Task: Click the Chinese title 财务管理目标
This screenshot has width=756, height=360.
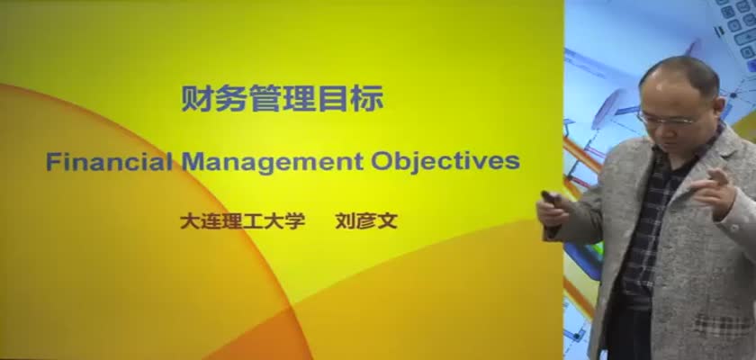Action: click(282, 99)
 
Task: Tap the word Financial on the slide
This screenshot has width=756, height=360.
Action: click(110, 161)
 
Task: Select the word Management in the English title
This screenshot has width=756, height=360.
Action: click(272, 162)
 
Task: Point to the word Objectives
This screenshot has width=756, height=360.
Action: click(445, 162)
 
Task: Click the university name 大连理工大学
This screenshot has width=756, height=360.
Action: click(242, 221)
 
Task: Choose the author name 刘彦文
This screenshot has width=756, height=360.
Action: click(366, 221)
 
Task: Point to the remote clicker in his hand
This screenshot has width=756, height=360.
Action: click(549, 197)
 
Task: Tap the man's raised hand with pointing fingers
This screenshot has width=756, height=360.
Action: click(714, 193)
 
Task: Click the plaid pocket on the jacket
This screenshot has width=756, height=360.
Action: click(724, 324)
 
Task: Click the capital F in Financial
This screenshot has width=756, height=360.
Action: click(52, 161)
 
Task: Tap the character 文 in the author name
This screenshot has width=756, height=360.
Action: click(388, 221)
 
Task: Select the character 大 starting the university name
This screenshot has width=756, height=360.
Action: click(190, 221)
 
